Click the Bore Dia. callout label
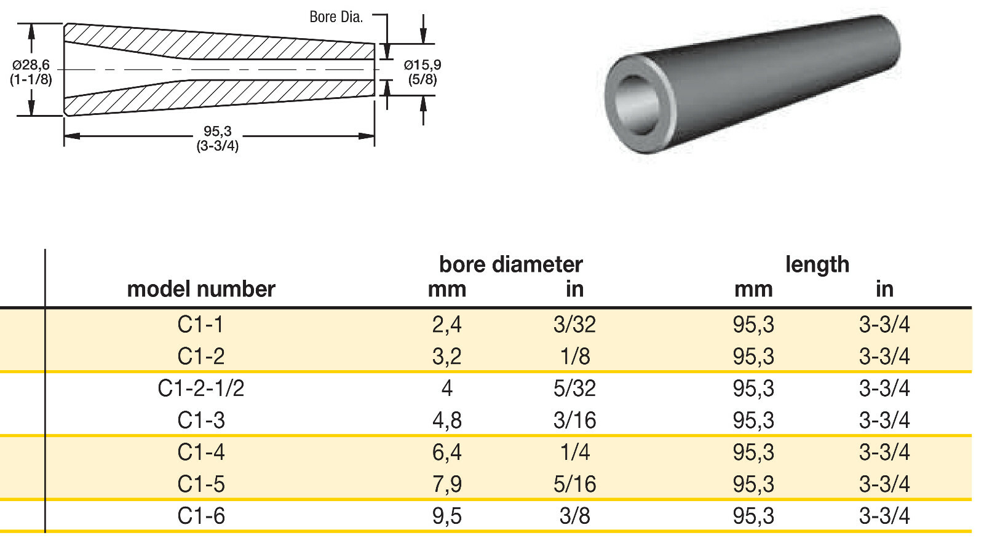pos(336,17)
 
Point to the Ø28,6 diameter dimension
pos(31,65)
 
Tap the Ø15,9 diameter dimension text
pos(422,65)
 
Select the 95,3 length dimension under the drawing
pos(218,132)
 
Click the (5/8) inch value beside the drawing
pos(422,80)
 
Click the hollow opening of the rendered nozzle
pos(638,105)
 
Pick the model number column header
pos(201,289)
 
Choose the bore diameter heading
pos(510,264)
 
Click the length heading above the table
pos(817,264)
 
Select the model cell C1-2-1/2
pos(201,389)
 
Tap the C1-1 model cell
pos(201,325)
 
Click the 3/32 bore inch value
pos(574,325)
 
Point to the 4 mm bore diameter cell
pos(447,389)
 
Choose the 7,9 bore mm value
pos(447,485)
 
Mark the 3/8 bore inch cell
pos(574,516)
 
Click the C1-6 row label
pos(201,516)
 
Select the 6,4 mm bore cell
pos(447,453)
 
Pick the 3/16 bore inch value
pos(574,421)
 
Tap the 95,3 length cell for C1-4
pos(753,453)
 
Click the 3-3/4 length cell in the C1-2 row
pos(884,357)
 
